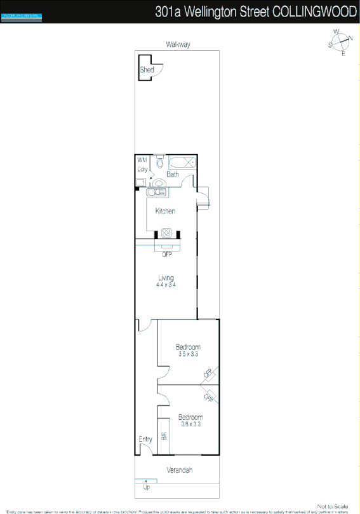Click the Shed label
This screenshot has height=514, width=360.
(x=147, y=70)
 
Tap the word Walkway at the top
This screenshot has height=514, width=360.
(x=178, y=44)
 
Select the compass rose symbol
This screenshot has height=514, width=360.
(x=341, y=42)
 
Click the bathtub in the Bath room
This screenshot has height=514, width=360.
(x=183, y=161)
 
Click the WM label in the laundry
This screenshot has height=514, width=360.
(x=142, y=159)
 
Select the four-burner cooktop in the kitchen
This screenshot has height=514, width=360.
(x=167, y=232)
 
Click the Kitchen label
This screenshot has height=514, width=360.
(x=165, y=211)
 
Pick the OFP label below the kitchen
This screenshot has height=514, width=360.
(x=167, y=254)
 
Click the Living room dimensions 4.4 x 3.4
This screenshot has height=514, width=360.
(x=166, y=285)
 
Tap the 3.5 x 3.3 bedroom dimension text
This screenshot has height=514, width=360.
(x=188, y=354)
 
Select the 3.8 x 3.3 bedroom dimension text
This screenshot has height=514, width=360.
(x=190, y=424)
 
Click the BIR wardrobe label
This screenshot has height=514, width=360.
(x=164, y=436)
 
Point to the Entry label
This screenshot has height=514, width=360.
(x=145, y=439)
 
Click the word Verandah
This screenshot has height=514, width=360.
(x=180, y=470)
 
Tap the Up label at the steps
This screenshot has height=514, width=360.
(x=147, y=487)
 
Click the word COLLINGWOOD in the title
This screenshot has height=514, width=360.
(x=314, y=11)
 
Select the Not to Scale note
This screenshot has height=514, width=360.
(x=333, y=506)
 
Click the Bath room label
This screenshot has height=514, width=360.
(x=173, y=173)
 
